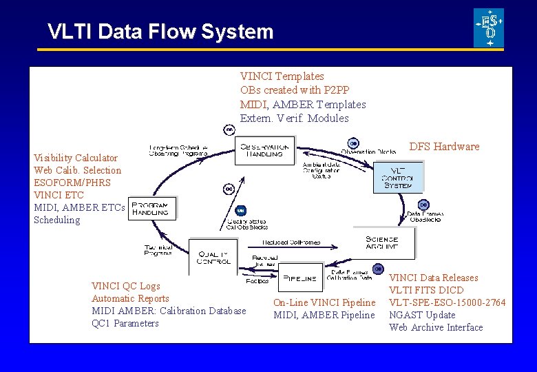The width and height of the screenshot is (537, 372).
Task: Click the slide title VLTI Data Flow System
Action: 160,32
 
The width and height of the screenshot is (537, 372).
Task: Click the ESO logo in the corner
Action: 489,28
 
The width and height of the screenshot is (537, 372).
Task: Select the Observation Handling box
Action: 265,150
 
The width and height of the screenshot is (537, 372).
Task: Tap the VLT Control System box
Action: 397,176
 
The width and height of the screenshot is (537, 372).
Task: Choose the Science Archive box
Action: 391,243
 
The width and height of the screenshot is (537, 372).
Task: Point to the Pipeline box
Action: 301,278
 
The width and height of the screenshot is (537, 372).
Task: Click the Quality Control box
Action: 213,256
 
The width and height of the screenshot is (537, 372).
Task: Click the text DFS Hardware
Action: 444,147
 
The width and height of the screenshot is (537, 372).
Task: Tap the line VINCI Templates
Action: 282,76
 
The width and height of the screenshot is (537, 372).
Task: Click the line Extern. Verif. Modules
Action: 294,118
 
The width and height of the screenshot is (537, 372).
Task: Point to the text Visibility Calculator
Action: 76,158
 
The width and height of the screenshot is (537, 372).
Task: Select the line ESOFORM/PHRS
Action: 72,183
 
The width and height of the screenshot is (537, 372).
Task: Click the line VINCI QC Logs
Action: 126,287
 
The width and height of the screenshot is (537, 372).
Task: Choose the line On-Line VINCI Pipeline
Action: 324,303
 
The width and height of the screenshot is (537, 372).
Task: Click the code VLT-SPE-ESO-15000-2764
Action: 447,303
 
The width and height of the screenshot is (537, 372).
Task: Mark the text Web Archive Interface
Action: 436,328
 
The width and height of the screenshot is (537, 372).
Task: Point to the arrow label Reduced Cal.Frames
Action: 291,242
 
